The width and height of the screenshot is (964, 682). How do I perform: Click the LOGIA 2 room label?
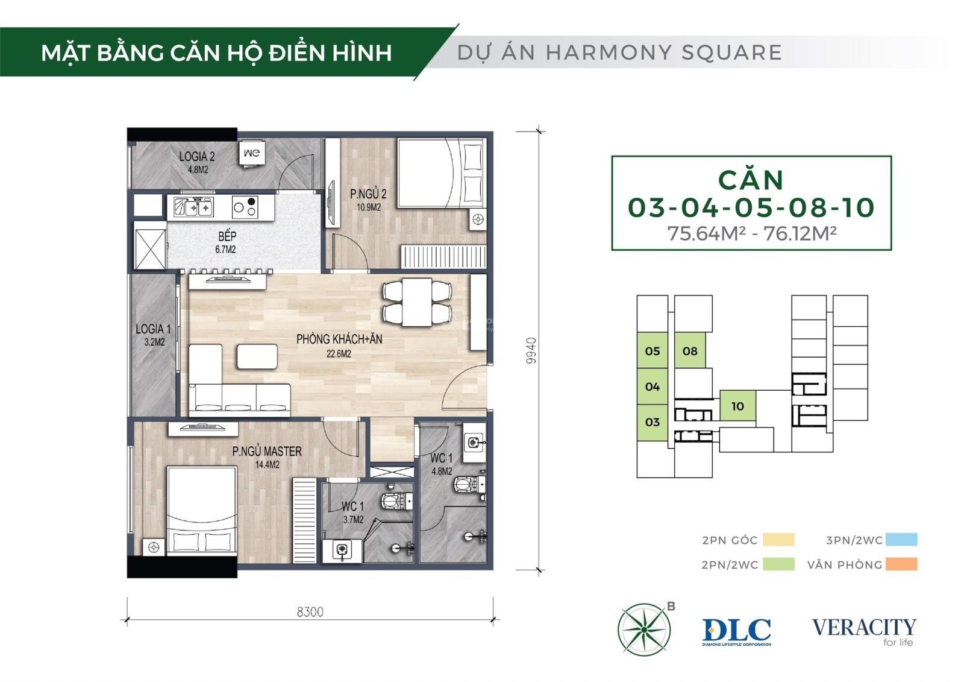[x=196, y=162]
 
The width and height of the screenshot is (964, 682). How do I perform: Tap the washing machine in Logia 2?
[x=252, y=153]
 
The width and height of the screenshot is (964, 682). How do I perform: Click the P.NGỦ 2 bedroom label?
[x=368, y=200]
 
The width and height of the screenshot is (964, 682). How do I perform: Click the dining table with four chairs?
[x=417, y=302]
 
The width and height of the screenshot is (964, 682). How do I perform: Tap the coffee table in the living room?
[x=257, y=356]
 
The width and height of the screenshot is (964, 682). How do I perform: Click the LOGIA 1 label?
[x=154, y=335]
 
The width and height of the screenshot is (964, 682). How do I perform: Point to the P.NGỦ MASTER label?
[x=267, y=456]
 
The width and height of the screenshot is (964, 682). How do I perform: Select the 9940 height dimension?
[x=531, y=350]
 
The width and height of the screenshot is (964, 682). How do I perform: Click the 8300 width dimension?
[x=310, y=611]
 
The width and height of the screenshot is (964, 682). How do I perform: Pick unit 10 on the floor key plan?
[x=737, y=406]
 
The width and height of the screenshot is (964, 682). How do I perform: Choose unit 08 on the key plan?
[x=690, y=351]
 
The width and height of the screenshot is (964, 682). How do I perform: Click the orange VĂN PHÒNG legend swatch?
[x=901, y=564]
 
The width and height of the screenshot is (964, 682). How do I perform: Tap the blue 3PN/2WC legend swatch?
[x=901, y=540]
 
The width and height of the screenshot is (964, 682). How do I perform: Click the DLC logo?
[x=736, y=631]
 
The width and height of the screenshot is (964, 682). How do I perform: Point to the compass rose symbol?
[x=644, y=630]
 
